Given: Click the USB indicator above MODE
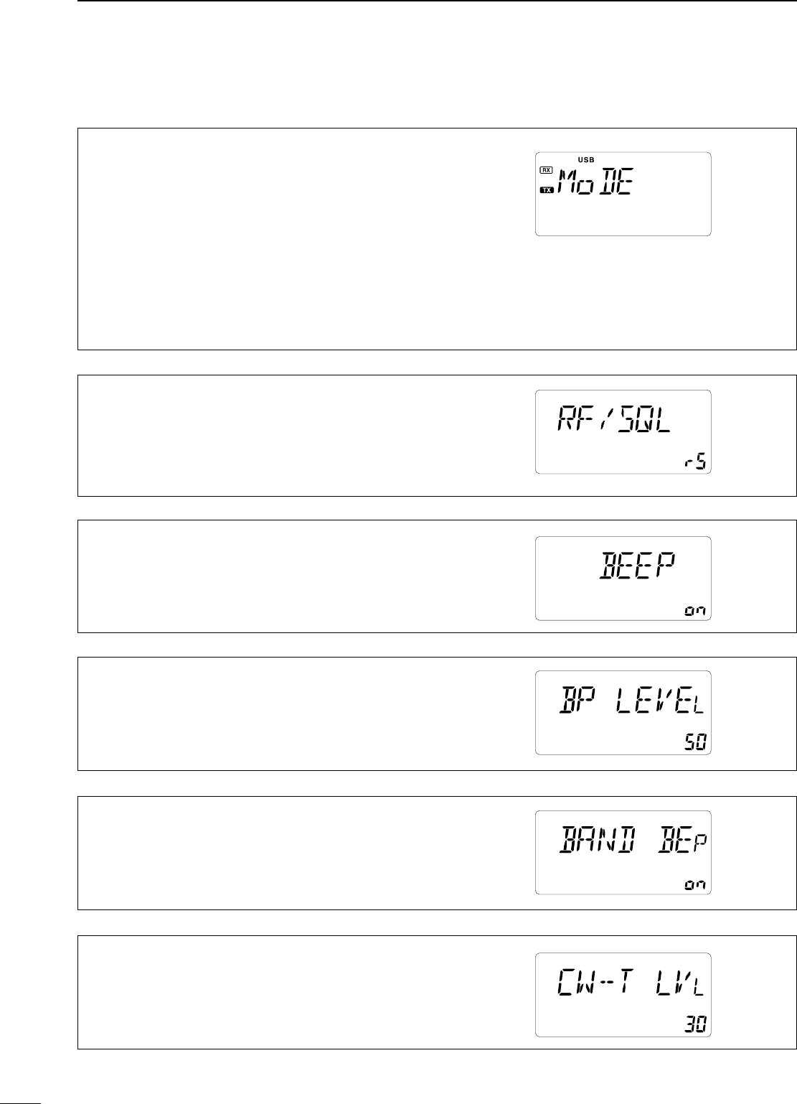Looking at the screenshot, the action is (x=586, y=159).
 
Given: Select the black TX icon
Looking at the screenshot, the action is (x=547, y=190).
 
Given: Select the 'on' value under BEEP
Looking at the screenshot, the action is (x=695, y=610).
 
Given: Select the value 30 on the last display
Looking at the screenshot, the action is (x=695, y=1026).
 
